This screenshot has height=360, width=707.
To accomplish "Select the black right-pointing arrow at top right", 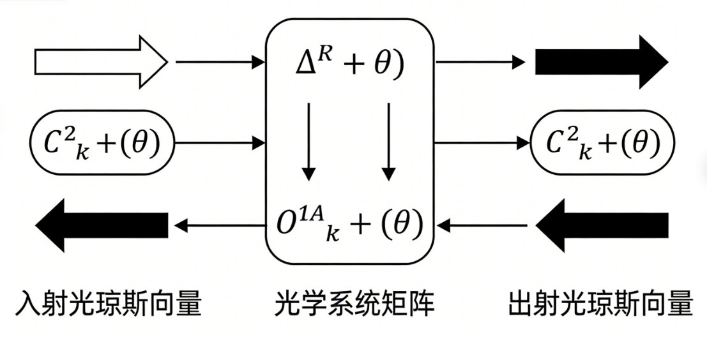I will coord(600,63).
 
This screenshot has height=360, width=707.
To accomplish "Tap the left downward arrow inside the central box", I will coord(308,140).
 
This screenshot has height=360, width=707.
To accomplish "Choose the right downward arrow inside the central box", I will coord(388,140).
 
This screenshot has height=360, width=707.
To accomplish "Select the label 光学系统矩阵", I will coord(354,304).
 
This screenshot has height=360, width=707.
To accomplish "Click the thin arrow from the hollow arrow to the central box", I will coord(219,63).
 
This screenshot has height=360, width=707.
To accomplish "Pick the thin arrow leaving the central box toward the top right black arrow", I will coord(481,63).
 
